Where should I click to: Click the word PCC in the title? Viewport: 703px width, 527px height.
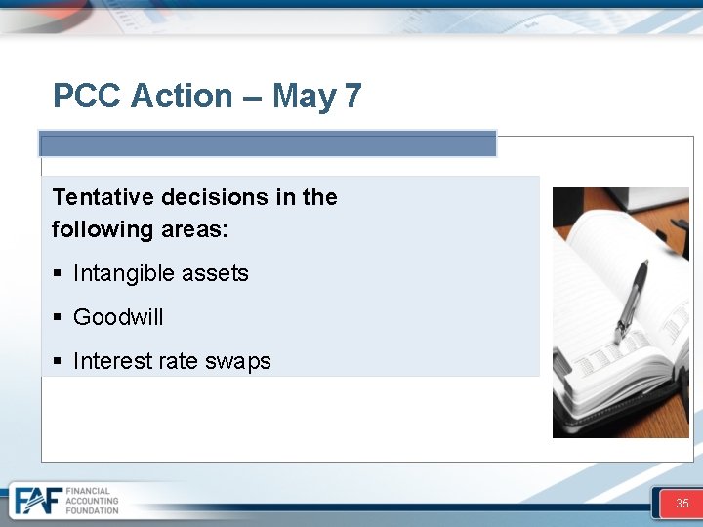point(87,96)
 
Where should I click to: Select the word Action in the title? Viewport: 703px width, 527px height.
point(182,96)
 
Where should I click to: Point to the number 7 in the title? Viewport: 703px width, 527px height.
point(352,96)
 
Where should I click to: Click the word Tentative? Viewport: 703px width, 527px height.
point(103,197)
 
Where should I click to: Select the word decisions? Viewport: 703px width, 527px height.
point(215,197)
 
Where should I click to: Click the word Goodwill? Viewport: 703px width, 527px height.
point(118,317)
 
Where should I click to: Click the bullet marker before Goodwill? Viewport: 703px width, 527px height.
point(58,317)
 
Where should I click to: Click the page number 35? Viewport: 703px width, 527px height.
point(682,504)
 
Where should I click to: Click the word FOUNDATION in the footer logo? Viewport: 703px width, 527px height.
point(92,510)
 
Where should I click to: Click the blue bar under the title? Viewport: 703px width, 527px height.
point(268,144)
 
